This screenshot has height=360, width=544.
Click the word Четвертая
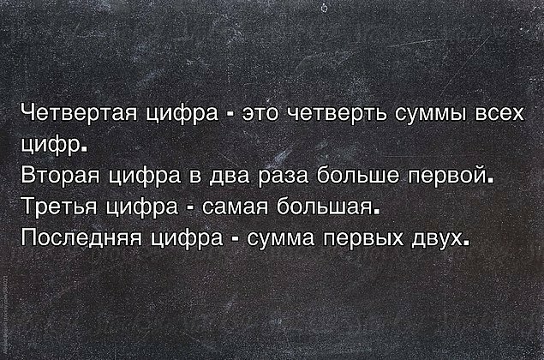[x=79, y=113]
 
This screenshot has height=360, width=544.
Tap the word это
[x=260, y=114]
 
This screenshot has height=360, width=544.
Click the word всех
[x=499, y=114]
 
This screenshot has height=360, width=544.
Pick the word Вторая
[x=60, y=175]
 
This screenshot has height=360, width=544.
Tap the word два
[x=229, y=177]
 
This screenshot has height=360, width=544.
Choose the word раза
[x=284, y=177]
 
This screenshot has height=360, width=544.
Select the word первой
[x=445, y=176]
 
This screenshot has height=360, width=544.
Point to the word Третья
[x=58, y=207]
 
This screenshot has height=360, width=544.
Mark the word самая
[x=235, y=207]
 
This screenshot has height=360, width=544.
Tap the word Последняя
[x=81, y=238]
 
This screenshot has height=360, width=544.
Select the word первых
[x=363, y=239]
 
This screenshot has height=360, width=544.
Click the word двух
[x=437, y=239]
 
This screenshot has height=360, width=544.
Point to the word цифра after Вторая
[x=144, y=177]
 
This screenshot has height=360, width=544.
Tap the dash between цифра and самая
[x=190, y=209]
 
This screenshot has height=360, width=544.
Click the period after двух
[x=465, y=243]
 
